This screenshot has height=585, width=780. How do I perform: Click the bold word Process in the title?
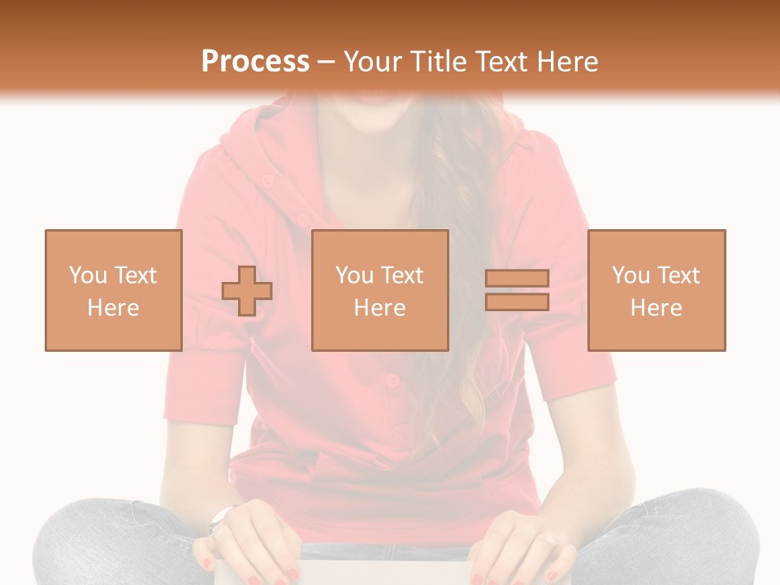(255, 62)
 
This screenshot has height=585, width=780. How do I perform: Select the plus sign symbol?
(247, 291)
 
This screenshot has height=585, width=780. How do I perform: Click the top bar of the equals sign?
(517, 279)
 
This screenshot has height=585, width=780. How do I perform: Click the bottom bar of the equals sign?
(517, 302)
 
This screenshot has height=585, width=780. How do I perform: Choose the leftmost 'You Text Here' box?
(113, 290)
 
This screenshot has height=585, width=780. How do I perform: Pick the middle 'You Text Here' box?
(379, 290)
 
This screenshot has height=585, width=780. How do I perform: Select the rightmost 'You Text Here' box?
(656, 290)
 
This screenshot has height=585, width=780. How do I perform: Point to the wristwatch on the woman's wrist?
(220, 518)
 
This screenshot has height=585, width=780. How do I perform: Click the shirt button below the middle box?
(392, 380)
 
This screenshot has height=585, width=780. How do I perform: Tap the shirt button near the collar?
(302, 219)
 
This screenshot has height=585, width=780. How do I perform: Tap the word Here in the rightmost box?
(656, 308)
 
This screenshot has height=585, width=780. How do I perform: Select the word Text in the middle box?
(402, 275)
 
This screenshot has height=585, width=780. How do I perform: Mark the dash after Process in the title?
(326, 63)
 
